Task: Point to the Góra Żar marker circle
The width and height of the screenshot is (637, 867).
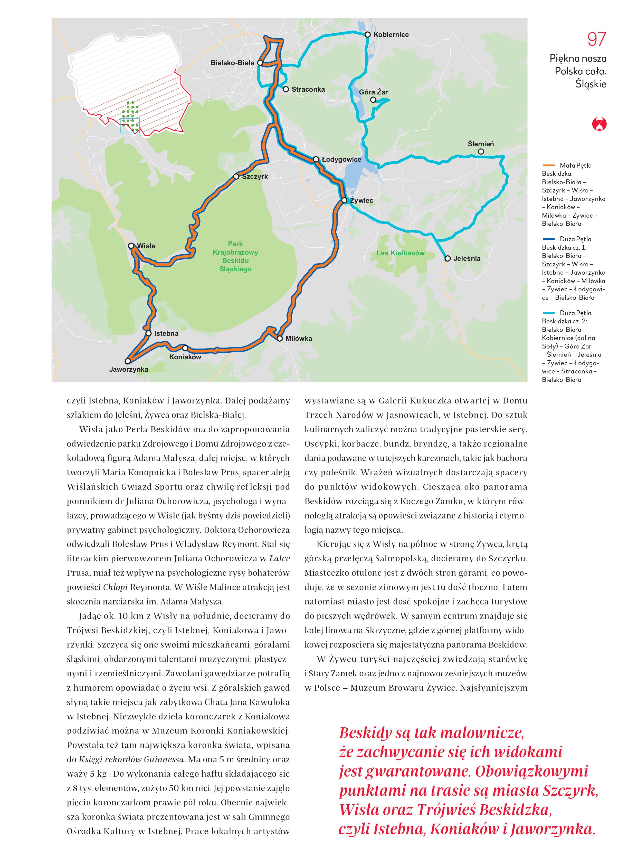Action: tap(373, 100)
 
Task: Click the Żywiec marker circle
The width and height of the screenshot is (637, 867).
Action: tap(344, 200)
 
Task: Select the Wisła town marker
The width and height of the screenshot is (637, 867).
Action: tap(131, 246)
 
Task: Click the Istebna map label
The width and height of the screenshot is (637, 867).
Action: tap(166, 333)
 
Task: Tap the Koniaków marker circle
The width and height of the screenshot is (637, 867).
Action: tap(185, 348)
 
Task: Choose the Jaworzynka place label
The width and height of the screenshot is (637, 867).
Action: tap(129, 369)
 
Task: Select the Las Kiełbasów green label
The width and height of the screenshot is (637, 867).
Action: tap(400, 253)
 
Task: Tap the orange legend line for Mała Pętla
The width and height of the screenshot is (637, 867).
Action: tap(548, 165)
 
